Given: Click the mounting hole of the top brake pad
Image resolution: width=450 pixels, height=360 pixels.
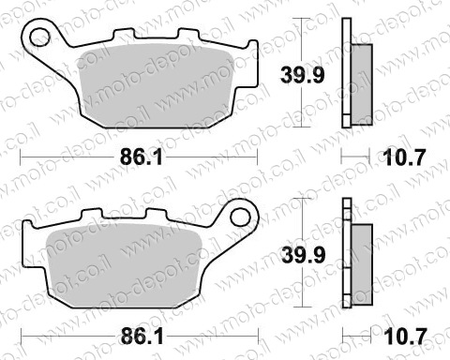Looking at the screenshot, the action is [x=39, y=37].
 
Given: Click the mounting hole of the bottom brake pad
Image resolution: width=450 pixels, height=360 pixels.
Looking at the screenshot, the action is [x=241, y=217].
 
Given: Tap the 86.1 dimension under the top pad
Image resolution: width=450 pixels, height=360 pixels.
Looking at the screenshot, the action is [x=142, y=157].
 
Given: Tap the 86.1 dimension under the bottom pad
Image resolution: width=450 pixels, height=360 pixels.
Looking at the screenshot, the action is [x=142, y=337].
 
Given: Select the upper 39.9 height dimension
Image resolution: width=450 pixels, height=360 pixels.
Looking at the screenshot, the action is [x=302, y=75].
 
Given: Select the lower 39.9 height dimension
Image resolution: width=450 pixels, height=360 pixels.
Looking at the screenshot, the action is [x=303, y=255].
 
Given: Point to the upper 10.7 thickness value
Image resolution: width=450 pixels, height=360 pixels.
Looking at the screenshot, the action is [x=404, y=157].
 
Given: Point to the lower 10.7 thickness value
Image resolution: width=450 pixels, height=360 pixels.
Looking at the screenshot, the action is [x=405, y=337].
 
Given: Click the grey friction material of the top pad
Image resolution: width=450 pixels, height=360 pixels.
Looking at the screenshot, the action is [x=157, y=86].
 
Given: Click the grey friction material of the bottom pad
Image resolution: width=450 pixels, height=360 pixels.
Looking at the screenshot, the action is [x=124, y=265].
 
